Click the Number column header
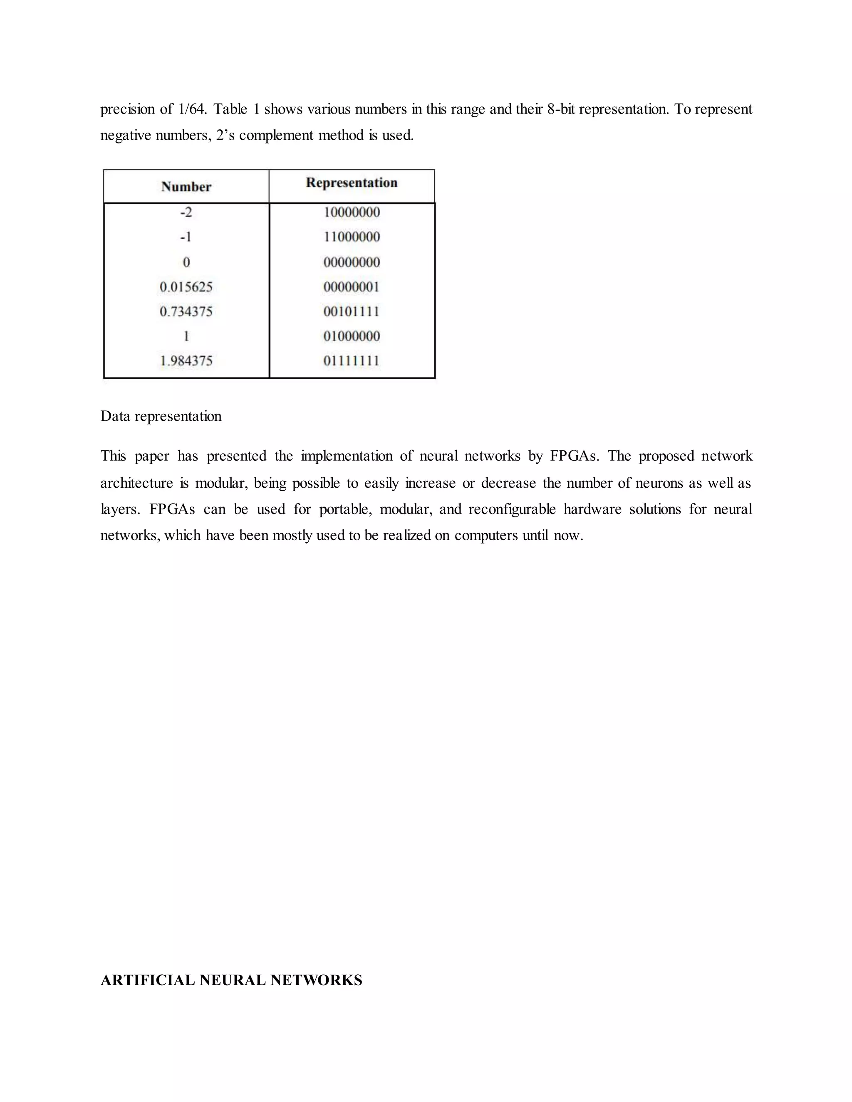coord(186,187)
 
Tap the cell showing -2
coord(186,212)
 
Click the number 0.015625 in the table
coord(186,287)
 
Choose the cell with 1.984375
coord(186,361)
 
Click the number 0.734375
coord(186,311)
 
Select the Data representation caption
coord(161,416)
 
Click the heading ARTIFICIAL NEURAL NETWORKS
coord(231,980)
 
